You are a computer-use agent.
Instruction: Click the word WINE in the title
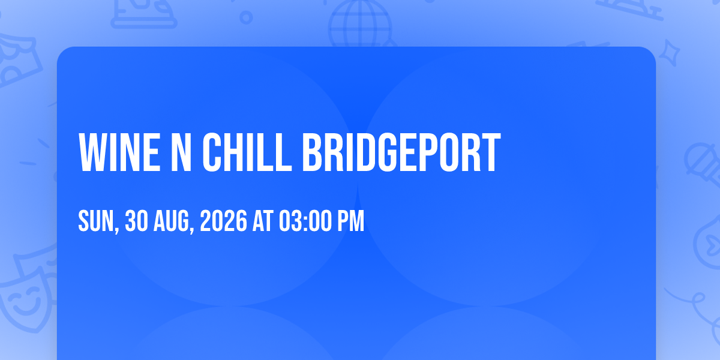coord(119,152)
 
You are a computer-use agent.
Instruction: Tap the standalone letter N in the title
coord(181,152)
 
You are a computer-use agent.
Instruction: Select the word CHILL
coord(247,152)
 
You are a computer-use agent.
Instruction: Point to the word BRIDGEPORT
coord(401,152)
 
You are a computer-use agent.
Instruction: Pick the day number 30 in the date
coord(136,221)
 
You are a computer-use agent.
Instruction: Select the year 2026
coord(223,221)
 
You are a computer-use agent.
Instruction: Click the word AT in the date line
coord(263,221)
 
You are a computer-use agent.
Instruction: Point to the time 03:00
coord(305,221)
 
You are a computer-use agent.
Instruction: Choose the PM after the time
coord(350,221)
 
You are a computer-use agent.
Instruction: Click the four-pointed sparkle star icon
coord(670,53)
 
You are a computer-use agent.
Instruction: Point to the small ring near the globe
coord(246,17)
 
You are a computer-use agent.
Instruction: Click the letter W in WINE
coord(92,152)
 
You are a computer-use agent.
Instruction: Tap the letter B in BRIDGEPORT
coord(312,152)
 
